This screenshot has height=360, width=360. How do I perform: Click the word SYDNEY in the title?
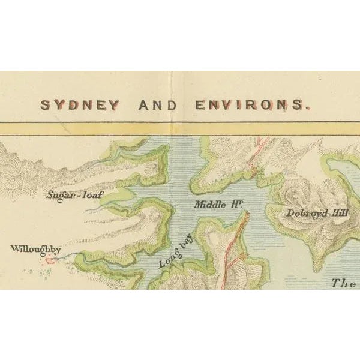coord(80,105)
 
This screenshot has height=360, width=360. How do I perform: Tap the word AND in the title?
coord(158,105)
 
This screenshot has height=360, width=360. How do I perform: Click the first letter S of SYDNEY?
coord(45,105)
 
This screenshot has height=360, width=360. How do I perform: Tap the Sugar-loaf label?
coord(71,194)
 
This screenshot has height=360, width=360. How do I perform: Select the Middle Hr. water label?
coord(217,205)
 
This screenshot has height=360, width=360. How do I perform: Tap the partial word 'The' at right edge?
coord(344,283)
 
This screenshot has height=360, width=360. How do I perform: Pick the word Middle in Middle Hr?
coord(209,205)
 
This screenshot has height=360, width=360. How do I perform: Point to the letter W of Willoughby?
coord(15,248)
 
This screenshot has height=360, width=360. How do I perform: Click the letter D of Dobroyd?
coord(290,212)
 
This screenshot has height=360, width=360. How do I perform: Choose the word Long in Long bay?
coord(165,260)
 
